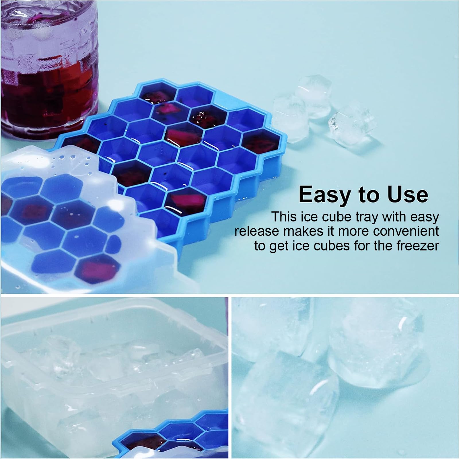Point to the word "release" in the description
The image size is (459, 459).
[255, 231]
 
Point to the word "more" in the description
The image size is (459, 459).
[353, 231]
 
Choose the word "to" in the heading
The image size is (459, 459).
[368, 195]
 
